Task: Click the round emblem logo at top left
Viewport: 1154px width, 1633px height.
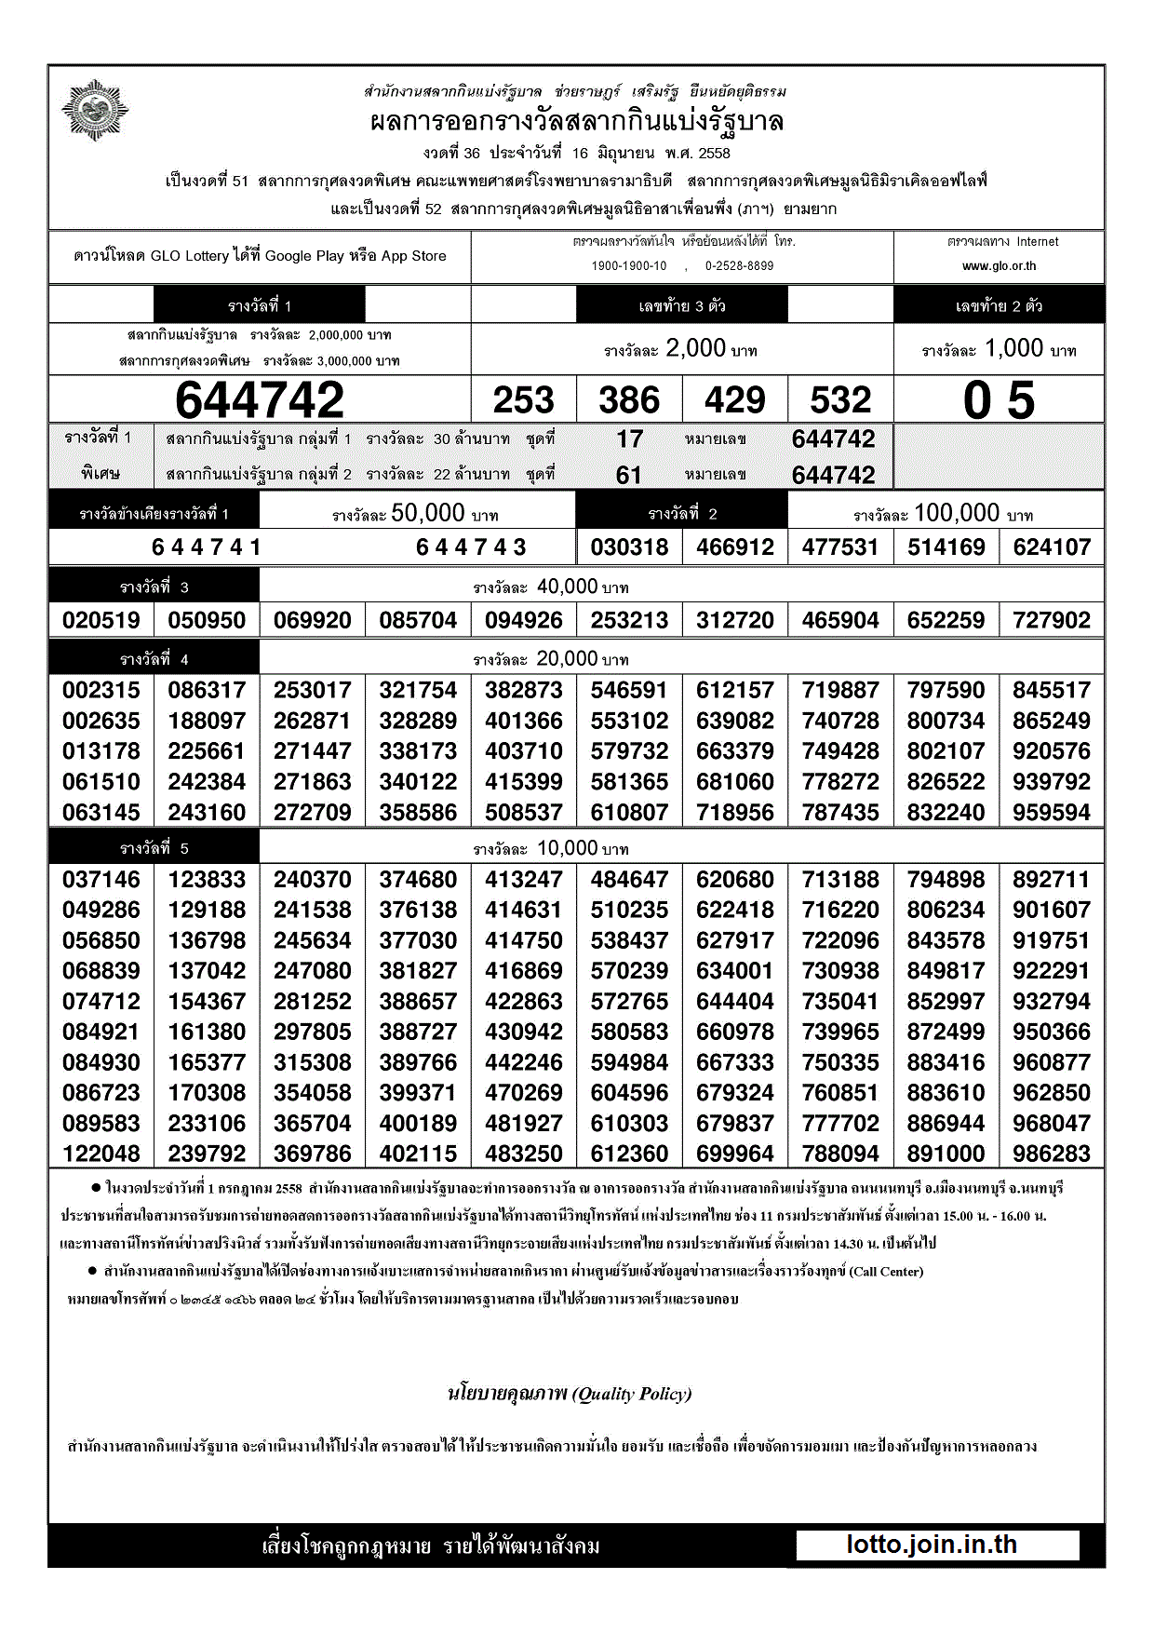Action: pos(95,111)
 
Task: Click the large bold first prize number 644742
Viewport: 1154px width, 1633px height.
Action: pos(260,400)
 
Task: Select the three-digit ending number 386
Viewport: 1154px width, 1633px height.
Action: pos(629,400)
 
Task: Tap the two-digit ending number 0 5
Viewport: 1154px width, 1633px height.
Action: pos(999,400)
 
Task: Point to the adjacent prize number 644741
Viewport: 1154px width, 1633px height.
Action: pos(207,547)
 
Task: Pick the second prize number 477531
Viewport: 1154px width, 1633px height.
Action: pos(840,547)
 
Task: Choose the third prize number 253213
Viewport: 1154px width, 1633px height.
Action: pos(629,620)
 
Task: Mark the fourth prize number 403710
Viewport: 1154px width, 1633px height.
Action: pos(523,751)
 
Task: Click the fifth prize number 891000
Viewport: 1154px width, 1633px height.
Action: pos(946,1154)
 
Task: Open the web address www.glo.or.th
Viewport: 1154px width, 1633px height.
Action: pos(999,266)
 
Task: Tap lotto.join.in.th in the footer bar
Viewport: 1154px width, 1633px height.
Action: pos(932,1545)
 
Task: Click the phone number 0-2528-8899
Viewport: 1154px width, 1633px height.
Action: pos(739,266)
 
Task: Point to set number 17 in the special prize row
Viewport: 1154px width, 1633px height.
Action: pos(629,439)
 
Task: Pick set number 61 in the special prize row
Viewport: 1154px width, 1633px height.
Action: pos(629,476)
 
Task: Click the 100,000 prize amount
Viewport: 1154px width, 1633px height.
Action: pos(957,513)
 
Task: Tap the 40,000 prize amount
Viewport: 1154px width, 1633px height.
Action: pos(567,587)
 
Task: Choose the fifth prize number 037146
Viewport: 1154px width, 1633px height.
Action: pos(101,880)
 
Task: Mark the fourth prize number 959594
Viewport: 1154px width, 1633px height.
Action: pos(1051,813)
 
